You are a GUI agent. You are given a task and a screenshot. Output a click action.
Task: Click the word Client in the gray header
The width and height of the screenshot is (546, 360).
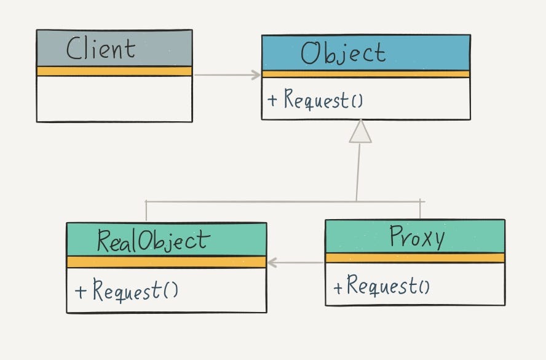(101, 49)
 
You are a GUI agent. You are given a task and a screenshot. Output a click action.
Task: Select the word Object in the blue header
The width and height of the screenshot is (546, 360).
(343, 54)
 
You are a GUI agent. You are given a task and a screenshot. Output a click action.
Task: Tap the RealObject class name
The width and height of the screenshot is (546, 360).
(153, 241)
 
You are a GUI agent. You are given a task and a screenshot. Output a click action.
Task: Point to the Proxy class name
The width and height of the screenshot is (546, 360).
(416, 237)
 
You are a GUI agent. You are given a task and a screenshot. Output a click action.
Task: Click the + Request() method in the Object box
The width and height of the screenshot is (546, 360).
(315, 100)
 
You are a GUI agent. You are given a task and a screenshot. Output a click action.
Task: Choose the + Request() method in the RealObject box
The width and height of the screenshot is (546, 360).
(127, 290)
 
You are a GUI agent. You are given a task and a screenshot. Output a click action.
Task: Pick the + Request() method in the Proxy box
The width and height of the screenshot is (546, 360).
(382, 286)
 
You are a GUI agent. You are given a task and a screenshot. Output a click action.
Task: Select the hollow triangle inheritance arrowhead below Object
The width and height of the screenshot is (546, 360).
(360, 131)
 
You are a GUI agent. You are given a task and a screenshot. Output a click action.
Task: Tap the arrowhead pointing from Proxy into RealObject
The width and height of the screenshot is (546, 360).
(273, 263)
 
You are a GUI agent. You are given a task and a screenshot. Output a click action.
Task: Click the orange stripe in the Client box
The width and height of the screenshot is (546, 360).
(114, 71)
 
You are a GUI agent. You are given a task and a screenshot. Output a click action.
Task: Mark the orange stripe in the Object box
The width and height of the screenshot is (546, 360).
(365, 74)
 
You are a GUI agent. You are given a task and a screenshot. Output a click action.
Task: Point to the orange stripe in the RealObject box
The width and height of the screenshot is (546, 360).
(166, 262)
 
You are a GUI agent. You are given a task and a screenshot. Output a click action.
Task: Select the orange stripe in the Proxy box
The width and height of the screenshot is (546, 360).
(414, 258)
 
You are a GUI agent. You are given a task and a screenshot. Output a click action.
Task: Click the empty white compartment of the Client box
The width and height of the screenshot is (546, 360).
(114, 98)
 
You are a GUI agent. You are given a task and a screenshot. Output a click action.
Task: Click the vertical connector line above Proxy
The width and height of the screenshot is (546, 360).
(420, 209)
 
